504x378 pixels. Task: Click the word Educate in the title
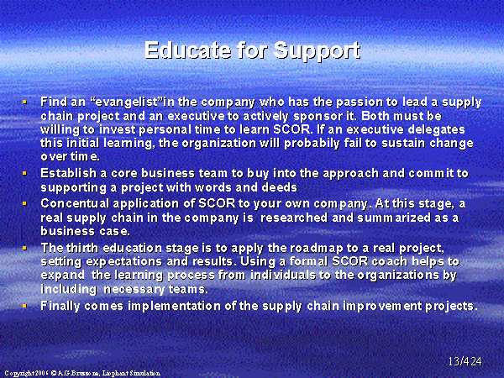187,50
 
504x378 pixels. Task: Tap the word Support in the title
317,51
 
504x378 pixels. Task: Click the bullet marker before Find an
24,102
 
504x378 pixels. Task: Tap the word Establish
69,173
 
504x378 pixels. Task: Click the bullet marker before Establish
24,173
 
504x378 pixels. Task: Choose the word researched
294,218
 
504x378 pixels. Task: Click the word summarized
394,218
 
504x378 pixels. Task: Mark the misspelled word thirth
82,248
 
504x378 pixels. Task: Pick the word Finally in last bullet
60,306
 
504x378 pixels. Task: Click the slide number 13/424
465,361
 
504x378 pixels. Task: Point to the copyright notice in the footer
82,373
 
